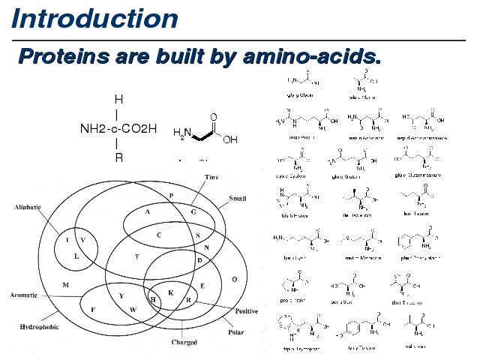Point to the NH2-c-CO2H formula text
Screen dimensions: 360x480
[118, 128]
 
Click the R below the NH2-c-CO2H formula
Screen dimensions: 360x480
[118, 158]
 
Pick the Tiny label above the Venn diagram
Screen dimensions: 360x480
[212, 176]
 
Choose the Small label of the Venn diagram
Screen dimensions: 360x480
[237, 199]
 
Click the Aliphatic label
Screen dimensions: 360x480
[28, 206]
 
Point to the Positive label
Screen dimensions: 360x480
[247, 310]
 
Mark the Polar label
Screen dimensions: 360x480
[235, 331]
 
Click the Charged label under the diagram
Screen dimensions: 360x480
[184, 343]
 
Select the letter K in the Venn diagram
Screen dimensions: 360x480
[170, 292]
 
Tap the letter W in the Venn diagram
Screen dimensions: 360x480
[133, 309]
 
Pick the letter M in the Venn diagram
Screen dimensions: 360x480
[66, 285]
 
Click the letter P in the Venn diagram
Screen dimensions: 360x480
[171, 196]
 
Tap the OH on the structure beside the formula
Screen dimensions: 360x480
[230, 139]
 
